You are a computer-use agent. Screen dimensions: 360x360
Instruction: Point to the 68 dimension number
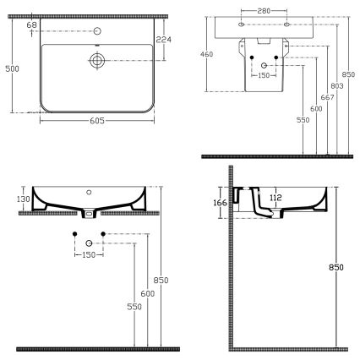point(31,26)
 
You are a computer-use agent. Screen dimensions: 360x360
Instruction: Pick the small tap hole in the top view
point(98,31)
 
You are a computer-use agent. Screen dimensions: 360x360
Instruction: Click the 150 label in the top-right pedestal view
point(265,75)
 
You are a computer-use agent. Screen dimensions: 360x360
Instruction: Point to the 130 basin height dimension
point(24,199)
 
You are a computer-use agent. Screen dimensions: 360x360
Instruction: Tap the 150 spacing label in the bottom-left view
point(89,254)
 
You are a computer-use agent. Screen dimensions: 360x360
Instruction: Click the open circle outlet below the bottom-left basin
point(89,243)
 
